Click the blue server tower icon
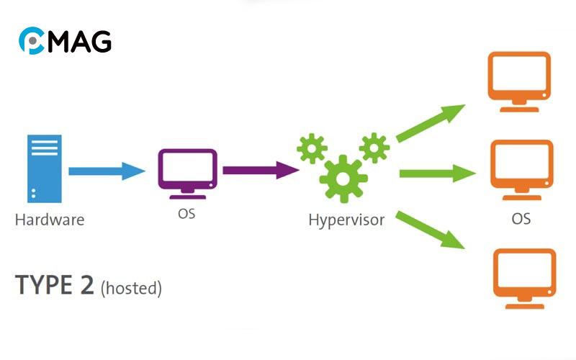point(44,168)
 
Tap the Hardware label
point(49,220)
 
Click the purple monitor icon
point(187,171)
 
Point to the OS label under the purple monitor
point(186,215)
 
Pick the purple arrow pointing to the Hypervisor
point(260,171)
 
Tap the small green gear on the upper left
point(312,147)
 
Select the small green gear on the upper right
point(374,147)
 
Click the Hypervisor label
point(346,220)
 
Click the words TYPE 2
point(55,286)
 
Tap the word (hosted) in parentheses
point(131,289)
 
